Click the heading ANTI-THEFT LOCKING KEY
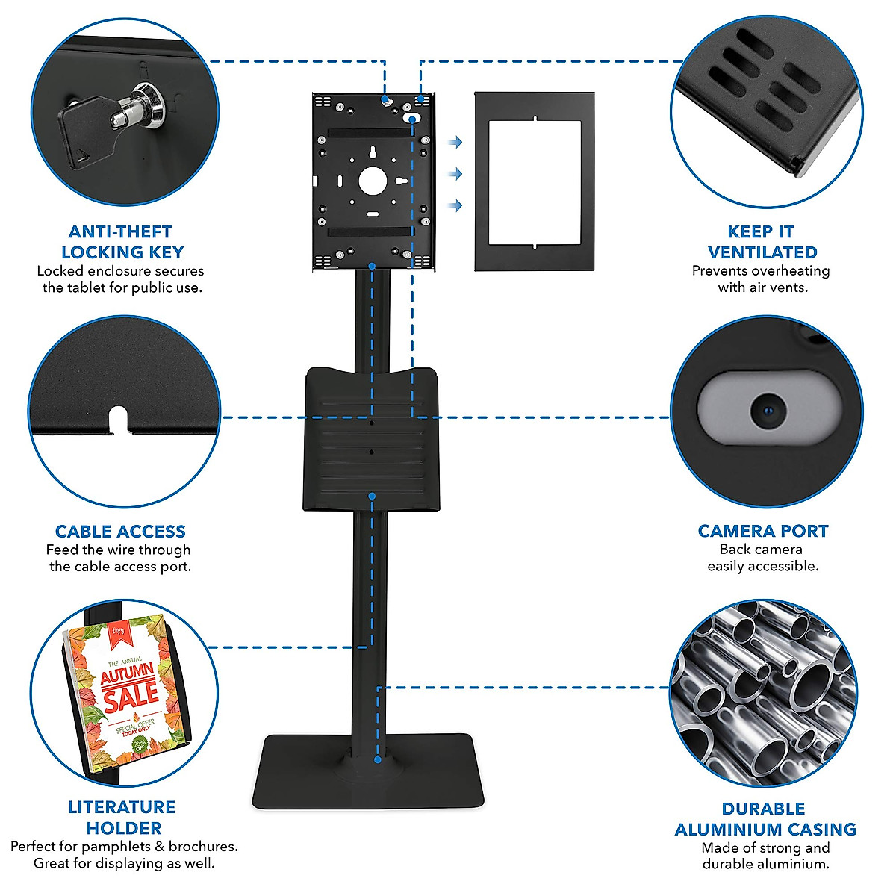122,242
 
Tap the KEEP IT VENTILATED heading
762,242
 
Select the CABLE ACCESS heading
120,532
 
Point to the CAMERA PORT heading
762,531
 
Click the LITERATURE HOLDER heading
122,818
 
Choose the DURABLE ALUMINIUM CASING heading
765,819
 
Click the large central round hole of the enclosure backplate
372,180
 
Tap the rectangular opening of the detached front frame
535,181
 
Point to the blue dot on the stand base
378,759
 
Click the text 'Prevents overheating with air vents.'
761,279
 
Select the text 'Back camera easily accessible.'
762,558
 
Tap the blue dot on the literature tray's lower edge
371,495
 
